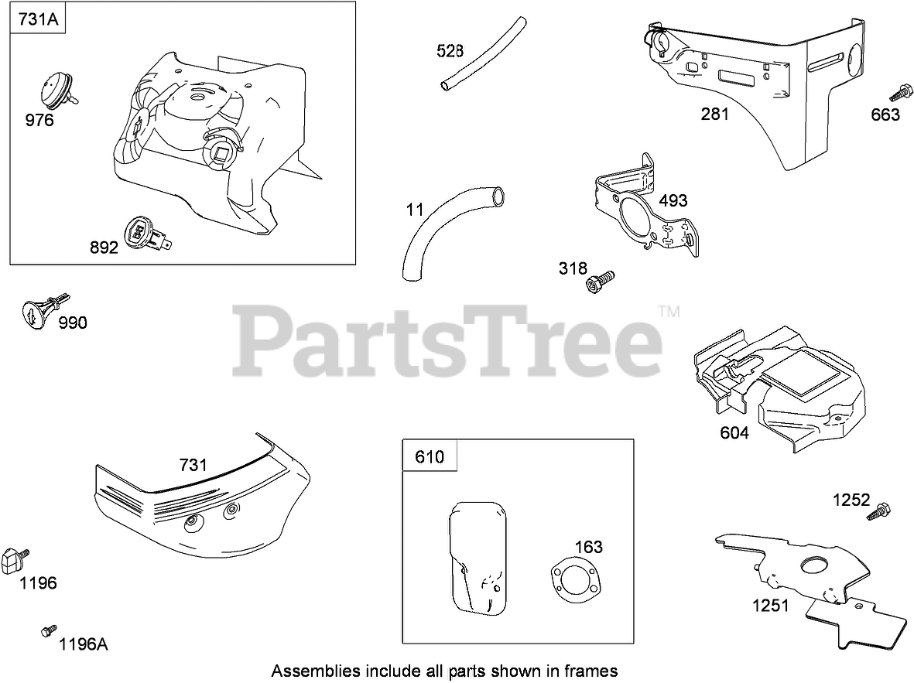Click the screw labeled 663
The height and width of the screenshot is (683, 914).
tap(898, 93)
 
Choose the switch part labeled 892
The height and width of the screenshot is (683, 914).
tap(143, 232)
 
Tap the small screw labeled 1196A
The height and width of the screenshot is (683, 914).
tap(49, 631)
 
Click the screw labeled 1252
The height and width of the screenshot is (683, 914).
tap(881, 511)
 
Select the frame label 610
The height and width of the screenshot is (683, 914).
tap(430, 456)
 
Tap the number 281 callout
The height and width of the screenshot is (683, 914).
tap(714, 114)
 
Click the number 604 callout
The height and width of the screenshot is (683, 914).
tap(734, 433)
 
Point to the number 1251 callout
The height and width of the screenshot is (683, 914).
tap(771, 605)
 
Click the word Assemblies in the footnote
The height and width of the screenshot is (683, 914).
tap(308, 670)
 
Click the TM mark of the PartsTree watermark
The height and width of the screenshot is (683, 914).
tap(669, 312)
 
